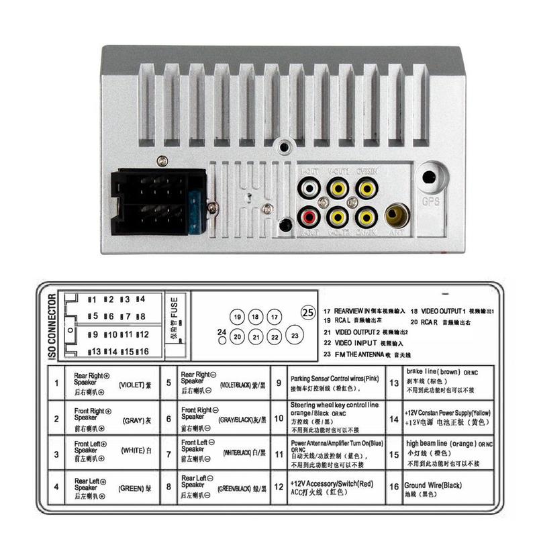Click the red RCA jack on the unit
tap(309, 217)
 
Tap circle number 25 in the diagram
tap(308, 311)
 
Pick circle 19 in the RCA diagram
tap(236, 316)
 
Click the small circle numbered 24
tap(222, 340)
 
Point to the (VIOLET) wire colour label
tap(132, 385)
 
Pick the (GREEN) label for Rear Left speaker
tap(132, 489)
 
